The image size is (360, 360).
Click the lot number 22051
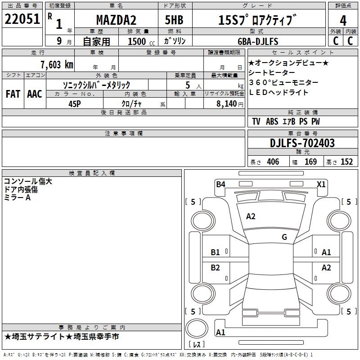[x=22, y=19]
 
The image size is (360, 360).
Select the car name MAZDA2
[x=116, y=20]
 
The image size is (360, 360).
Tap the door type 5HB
[x=174, y=20]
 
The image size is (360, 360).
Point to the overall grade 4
[x=343, y=21]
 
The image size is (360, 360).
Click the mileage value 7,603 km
[x=57, y=65]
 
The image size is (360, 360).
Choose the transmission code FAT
[x=13, y=94]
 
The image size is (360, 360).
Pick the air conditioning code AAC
[x=35, y=94]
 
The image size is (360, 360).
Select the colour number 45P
[x=75, y=104]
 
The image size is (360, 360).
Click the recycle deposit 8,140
[x=227, y=104]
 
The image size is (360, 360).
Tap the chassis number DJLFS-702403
[x=302, y=143]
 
